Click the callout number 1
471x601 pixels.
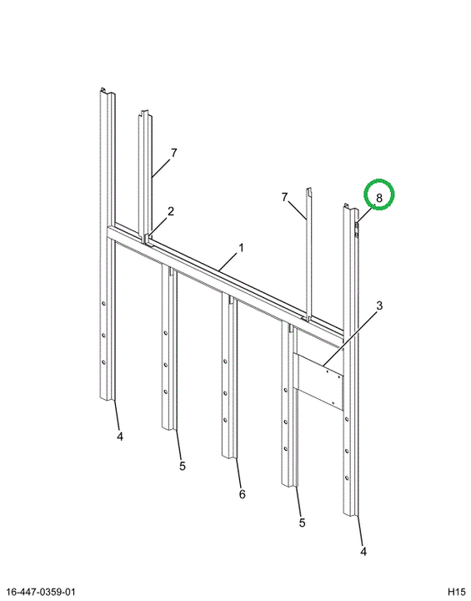241,248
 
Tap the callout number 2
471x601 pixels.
171,211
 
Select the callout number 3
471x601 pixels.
379,306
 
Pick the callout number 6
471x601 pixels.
242,494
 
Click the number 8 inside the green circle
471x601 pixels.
379,198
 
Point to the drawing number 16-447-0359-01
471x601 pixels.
41,592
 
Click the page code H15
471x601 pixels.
456,592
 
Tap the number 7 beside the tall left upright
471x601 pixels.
174,153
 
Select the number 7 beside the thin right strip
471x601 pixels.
284,197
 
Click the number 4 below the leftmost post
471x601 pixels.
120,437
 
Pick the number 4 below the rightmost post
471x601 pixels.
363,551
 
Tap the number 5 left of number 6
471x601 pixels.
183,466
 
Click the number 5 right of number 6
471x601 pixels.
302,523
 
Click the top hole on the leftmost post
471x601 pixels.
103,304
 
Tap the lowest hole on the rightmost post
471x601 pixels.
347,478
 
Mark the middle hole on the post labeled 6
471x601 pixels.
225,393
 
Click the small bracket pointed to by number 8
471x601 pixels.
357,230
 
